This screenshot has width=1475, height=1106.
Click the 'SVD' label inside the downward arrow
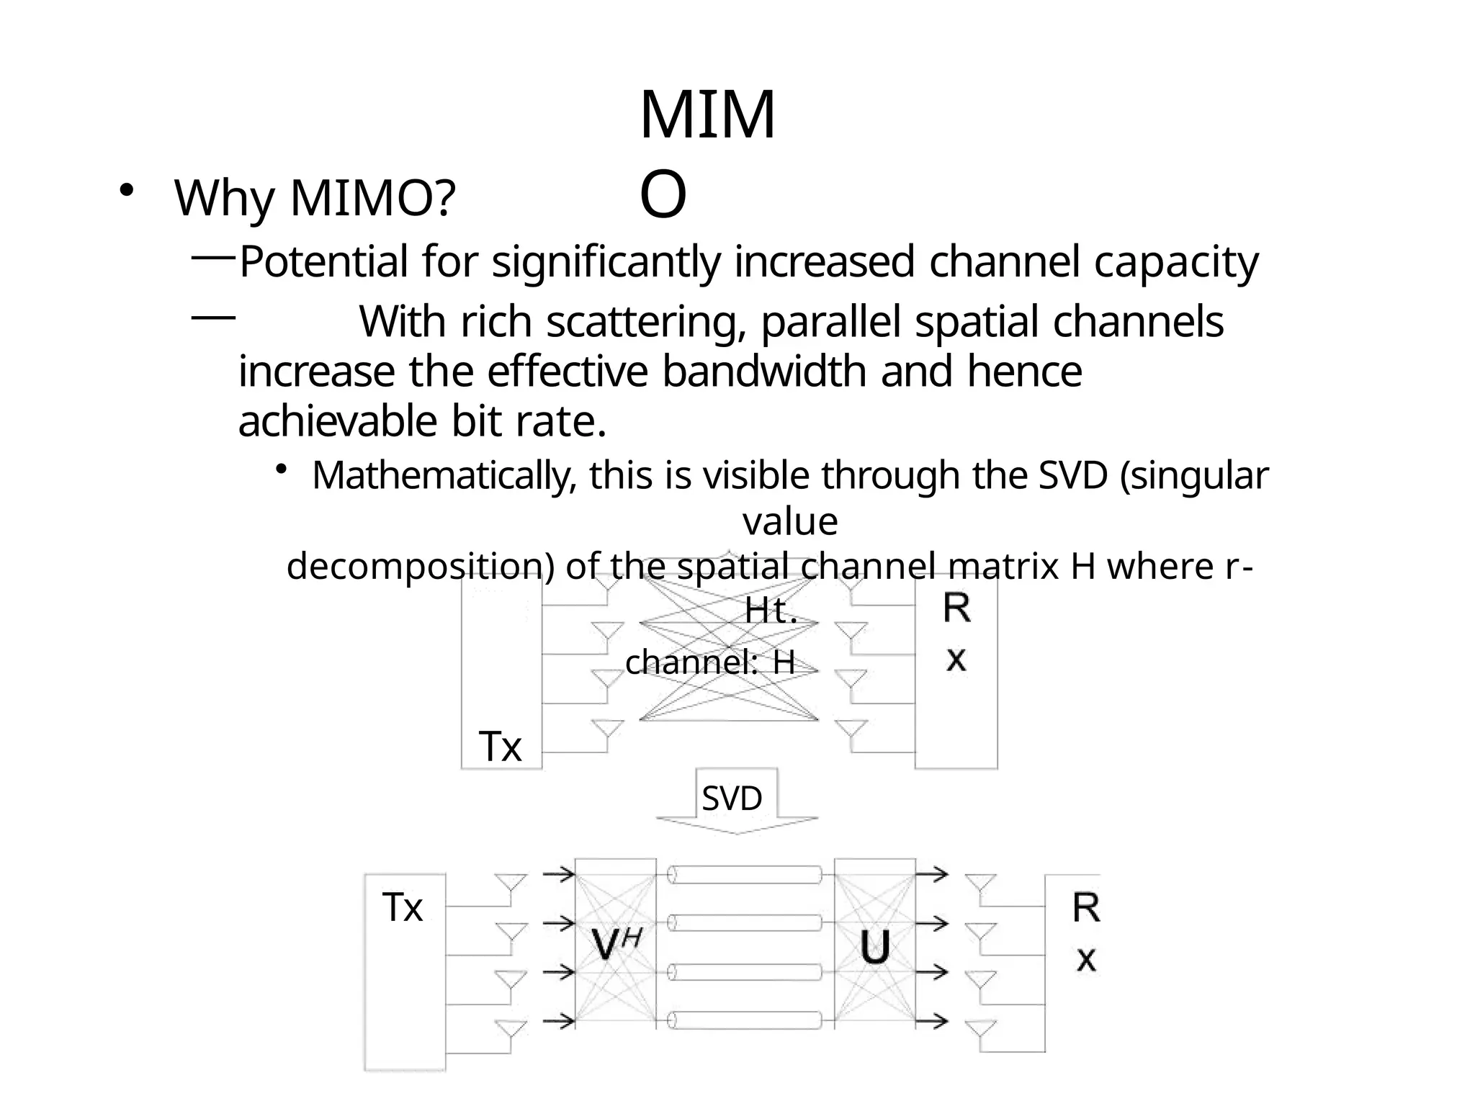[732, 799]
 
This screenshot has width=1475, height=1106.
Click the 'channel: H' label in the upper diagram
[709, 662]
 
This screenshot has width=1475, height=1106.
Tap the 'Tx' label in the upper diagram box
[501, 747]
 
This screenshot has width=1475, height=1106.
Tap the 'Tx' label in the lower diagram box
[403, 907]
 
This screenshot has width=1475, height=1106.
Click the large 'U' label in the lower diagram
[875, 947]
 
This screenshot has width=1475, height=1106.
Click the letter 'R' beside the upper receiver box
[956, 608]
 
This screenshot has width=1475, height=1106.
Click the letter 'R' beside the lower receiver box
[1086, 908]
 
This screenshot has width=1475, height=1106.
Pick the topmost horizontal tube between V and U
[745, 875]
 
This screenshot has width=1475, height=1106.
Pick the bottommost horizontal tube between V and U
[745, 1020]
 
